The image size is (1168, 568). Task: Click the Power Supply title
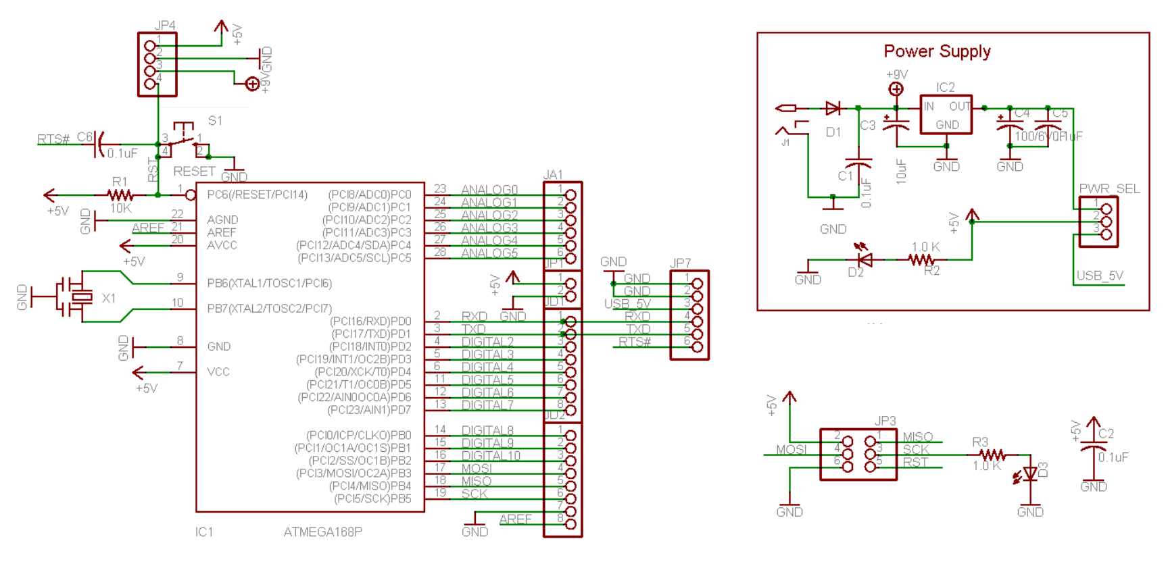point(937,51)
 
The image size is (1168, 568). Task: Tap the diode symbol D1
point(833,108)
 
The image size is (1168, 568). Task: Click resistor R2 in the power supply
point(921,259)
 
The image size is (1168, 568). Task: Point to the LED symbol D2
point(863,259)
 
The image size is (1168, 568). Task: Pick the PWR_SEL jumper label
point(1109,188)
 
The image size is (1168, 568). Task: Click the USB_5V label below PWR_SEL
point(1100,276)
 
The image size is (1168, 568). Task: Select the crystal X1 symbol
point(80,296)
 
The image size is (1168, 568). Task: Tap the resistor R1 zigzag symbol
point(120,195)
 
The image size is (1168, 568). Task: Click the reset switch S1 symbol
point(183,137)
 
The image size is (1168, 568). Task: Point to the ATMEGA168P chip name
point(322,532)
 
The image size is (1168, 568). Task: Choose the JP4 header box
point(157,65)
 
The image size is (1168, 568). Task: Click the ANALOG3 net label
point(489,228)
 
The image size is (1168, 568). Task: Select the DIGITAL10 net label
point(491,456)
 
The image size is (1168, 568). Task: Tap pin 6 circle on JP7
point(697,347)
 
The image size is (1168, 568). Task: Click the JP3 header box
point(858,455)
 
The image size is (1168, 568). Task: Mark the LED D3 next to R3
point(1029,474)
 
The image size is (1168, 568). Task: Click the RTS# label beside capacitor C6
point(53,139)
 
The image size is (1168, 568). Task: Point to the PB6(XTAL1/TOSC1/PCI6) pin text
point(269,284)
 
